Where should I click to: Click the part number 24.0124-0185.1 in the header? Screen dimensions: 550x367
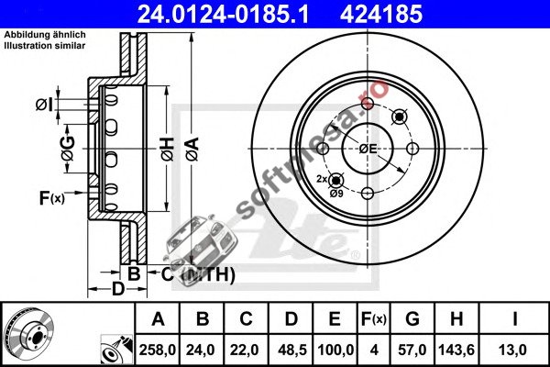(x=223, y=15)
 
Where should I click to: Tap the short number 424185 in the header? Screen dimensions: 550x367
(x=381, y=15)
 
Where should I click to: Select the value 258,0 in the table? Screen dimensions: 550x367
(x=157, y=350)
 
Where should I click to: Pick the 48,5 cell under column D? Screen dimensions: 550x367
(x=291, y=350)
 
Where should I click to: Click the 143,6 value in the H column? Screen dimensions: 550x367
(x=456, y=350)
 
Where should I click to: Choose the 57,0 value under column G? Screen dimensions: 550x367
(x=412, y=350)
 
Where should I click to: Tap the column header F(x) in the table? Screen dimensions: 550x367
(x=374, y=319)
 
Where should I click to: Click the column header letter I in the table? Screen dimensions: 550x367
(x=514, y=319)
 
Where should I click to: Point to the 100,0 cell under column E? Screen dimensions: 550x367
(x=335, y=350)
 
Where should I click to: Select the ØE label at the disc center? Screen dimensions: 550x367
(x=368, y=149)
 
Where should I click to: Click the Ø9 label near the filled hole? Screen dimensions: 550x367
(x=336, y=194)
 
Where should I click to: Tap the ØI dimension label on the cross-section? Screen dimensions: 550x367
(x=45, y=105)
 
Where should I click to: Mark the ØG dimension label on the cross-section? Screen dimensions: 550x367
(x=68, y=148)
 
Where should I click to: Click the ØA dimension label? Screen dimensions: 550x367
(x=192, y=150)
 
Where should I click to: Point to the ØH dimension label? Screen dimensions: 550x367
(x=168, y=150)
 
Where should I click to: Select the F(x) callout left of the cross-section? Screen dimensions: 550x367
(x=52, y=198)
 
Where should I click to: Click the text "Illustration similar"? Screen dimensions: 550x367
(x=45, y=46)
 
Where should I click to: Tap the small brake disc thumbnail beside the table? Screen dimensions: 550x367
(x=28, y=331)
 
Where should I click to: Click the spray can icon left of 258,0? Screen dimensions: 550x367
(x=116, y=350)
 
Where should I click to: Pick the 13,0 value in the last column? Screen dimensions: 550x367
(x=512, y=350)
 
